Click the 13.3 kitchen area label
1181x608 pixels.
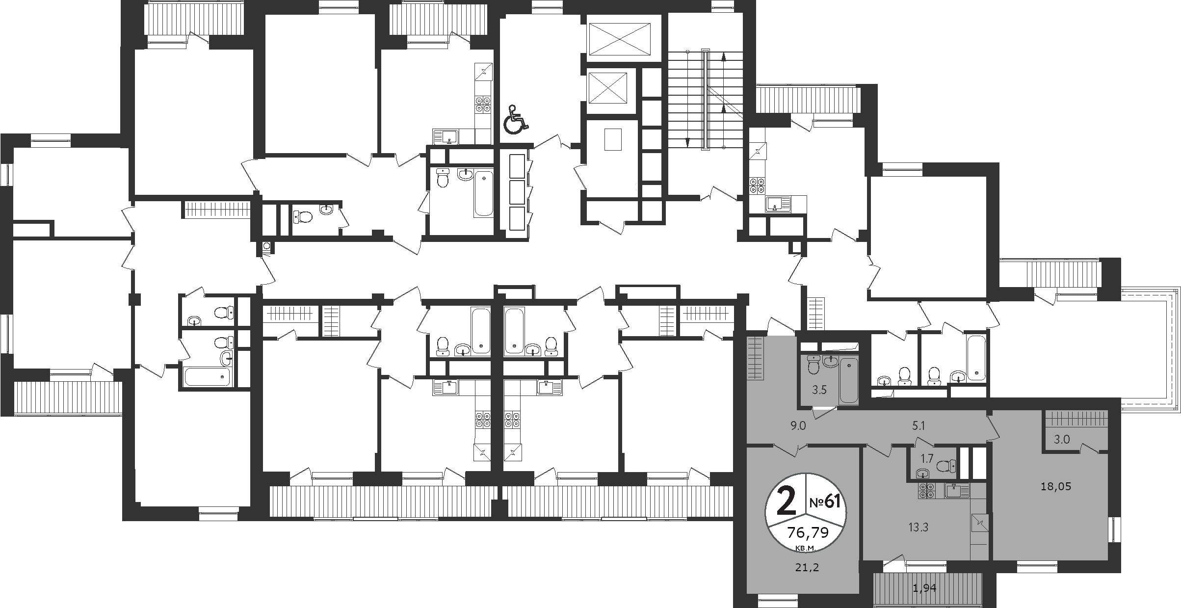(918, 528)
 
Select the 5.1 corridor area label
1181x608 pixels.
(918, 426)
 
